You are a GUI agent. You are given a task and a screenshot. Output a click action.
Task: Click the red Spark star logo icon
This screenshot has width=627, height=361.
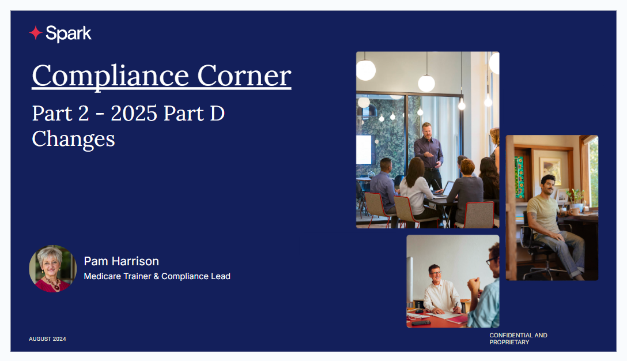click(x=36, y=33)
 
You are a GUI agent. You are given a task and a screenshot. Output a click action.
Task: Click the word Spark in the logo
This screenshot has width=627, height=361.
click(x=69, y=33)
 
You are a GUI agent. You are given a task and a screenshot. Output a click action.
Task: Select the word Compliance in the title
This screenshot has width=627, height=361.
click(x=111, y=76)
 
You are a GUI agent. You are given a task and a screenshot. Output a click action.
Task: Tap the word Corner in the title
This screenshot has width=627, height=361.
click(x=244, y=76)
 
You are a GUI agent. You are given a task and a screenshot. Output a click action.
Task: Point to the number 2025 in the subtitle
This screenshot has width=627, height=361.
click(x=134, y=113)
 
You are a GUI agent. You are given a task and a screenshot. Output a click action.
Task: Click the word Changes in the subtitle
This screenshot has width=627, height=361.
click(x=74, y=140)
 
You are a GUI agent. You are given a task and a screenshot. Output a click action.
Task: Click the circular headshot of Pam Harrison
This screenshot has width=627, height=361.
click(x=52, y=269)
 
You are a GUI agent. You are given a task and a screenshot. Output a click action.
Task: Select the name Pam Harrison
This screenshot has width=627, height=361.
click(x=121, y=261)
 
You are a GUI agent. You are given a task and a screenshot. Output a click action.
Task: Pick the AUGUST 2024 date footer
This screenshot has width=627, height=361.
click(x=47, y=339)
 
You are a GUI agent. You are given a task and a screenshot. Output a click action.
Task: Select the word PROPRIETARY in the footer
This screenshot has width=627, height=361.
click(x=509, y=342)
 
